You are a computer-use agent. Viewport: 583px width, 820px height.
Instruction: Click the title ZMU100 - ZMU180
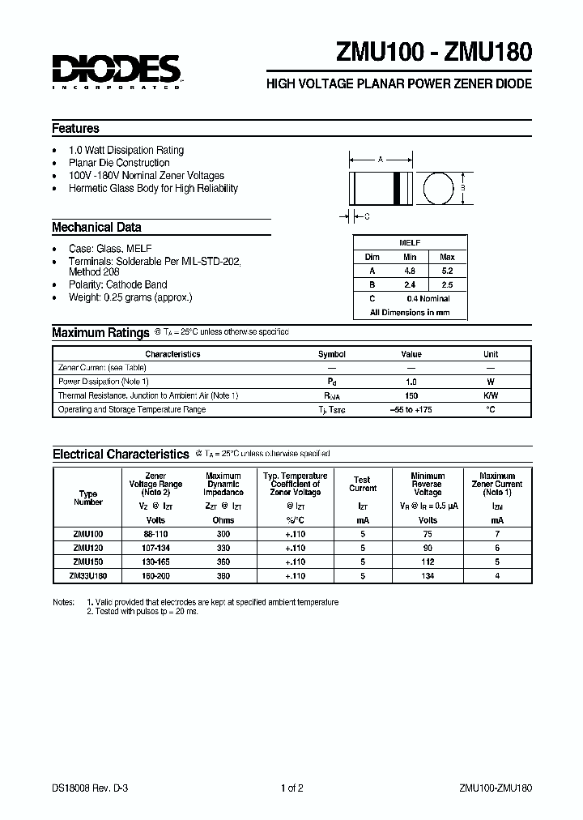(433, 53)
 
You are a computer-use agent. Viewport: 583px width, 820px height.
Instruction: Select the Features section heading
(76, 129)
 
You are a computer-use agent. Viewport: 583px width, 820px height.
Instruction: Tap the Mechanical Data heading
(96, 228)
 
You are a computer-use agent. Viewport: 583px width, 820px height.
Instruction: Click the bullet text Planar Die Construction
(120, 163)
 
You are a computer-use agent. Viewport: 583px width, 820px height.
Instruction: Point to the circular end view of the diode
(438, 188)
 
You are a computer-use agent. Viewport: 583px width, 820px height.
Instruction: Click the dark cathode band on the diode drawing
(397, 188)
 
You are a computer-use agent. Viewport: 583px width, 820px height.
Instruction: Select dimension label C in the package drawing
(367, 216)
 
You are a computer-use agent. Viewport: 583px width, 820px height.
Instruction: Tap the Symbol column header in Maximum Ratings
(331, 354)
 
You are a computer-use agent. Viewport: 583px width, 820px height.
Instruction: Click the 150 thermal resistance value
(411, 395)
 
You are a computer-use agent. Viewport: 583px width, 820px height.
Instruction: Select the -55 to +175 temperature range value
(411, 409)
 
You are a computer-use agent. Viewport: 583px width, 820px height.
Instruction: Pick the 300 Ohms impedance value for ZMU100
(223, 534)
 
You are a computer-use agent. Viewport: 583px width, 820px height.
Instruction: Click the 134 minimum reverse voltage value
(428, 575)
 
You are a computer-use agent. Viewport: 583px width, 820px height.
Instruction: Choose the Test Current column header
(362, 484)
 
